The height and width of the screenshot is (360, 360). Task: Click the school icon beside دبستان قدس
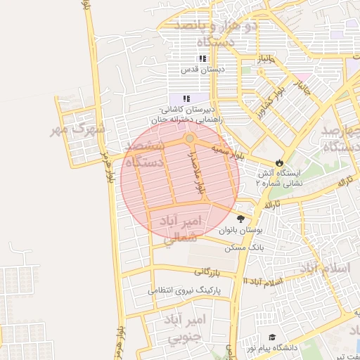[x=202, y=59]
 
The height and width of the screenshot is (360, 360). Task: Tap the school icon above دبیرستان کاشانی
[x=186, y=99]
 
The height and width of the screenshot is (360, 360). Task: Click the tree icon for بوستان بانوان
[x=241, y=219]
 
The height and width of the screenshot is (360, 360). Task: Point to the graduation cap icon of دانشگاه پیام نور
[x=272, y=337]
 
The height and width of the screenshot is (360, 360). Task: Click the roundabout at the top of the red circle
[x=190, y=138]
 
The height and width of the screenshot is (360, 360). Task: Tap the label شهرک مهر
[x=78, y=129]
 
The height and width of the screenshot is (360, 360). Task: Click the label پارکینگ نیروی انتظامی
[x=186, y=290]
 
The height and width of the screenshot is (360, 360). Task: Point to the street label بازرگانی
[x=207, y=271]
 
